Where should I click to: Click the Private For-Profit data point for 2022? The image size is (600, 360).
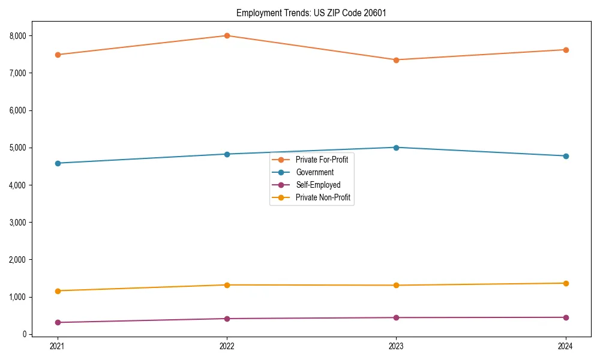tap(227, 35)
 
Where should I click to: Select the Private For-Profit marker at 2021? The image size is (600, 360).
tap(58, 55)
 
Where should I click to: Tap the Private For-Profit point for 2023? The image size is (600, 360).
tap(396, 60)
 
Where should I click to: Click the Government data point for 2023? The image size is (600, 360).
tap(396, 148)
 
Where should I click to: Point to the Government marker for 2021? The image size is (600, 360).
tap(58, 163)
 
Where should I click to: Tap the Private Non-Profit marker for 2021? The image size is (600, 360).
tap(58, 291)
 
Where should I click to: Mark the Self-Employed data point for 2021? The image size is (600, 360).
tap(58, 322)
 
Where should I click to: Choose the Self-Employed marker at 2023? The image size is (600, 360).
tap(396, 317)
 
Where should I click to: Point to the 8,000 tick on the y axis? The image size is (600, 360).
tap(17, 36)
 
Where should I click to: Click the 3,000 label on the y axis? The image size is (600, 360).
tap(17, 223)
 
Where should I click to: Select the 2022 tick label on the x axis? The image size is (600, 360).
tap(227, 346)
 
